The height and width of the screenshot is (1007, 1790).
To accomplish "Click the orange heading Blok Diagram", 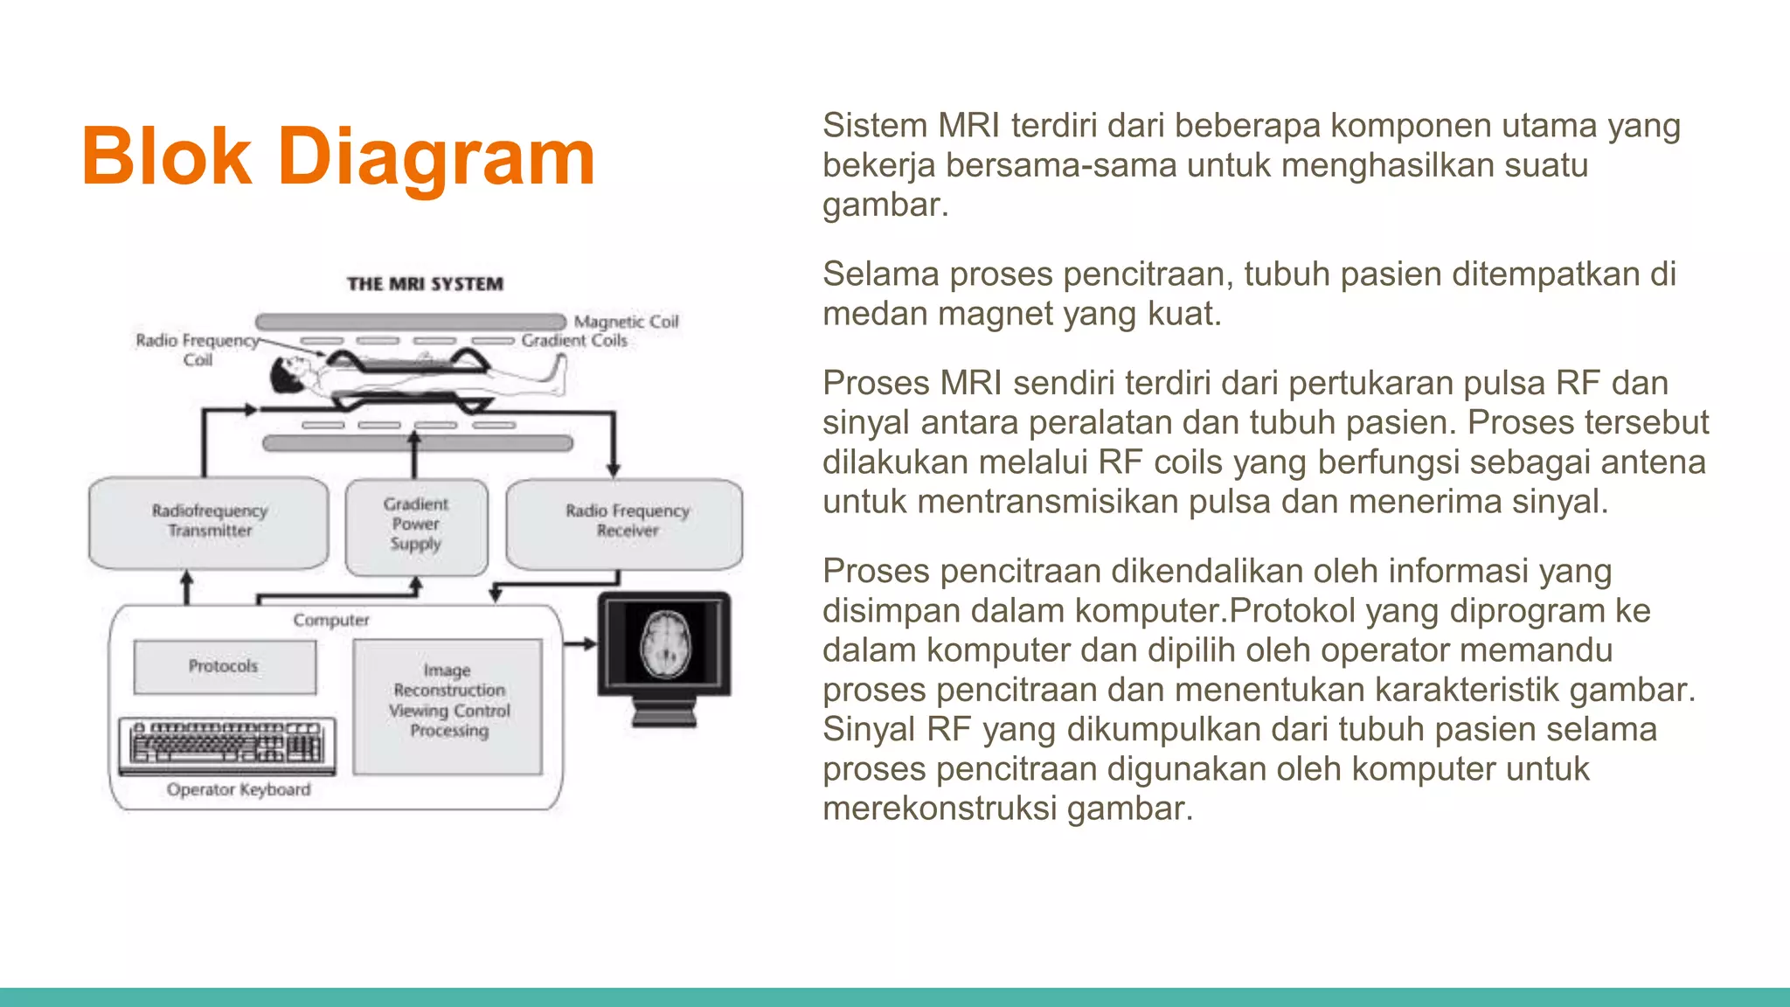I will pyautogui.click(x=338, y=157).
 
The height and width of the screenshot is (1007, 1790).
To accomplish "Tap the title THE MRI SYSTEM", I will pyautogui.click(x=425, y=284).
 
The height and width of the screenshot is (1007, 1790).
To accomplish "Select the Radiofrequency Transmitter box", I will pyautogui.click(x=209, y=522).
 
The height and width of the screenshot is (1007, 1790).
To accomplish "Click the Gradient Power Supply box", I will pyautogui.click(x=416, y=525).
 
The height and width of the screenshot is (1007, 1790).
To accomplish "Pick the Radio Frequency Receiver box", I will pyautogui.click(x=625, y=522).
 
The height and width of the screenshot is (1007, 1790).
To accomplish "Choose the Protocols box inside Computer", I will pyautogui.click(x=225, y=667).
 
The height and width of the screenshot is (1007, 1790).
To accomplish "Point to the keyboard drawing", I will pyautogui.click(x=227, y=744).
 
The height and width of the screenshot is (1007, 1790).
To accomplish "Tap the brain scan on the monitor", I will pyautogui.click(x=666, y=643).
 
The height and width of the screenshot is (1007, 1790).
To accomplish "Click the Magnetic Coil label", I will pyautogui.click(x=626, y=322).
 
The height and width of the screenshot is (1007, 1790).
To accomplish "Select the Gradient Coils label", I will pyautogui.click(x=574, y=341).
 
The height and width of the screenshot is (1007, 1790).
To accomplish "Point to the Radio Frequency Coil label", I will pyautogui.click(x=198, y=350).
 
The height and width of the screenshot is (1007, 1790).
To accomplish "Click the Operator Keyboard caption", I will pyautogui.click(x=239, y=790).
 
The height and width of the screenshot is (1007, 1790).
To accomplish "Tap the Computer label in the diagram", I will pyautogui.click(x=331, y=621).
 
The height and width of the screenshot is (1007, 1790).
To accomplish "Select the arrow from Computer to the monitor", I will pyautogui.click(x=579, y=644).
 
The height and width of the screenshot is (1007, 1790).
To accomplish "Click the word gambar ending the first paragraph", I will pyautogui.click(x=884, y=205).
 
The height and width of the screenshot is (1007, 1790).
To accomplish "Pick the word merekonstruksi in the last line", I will pyautogui.click(x=940, y=809).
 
